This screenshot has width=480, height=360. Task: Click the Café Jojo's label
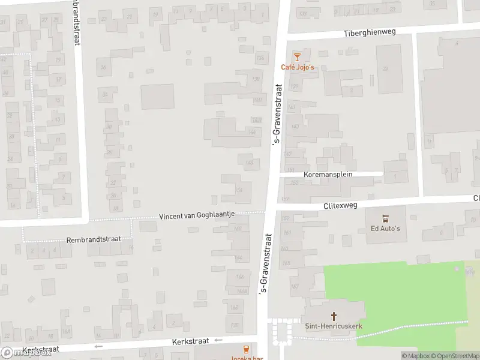click(x=298, y=67)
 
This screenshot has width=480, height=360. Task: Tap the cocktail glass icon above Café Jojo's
click(x=296, y=56)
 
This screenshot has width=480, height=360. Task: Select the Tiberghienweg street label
click(x=370, y=32)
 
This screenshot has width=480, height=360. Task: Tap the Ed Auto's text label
click(x=385, y=229)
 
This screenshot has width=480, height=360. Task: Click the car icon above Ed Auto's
click(x=385, y=218)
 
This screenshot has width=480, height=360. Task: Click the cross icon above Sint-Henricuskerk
click(x=334, y=315)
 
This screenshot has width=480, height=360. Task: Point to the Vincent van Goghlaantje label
click(x=196, y=215)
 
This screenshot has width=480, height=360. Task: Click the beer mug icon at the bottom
click(x=245, y=349)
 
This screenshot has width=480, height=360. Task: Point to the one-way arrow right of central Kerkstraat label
click(x=218, y=340)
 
